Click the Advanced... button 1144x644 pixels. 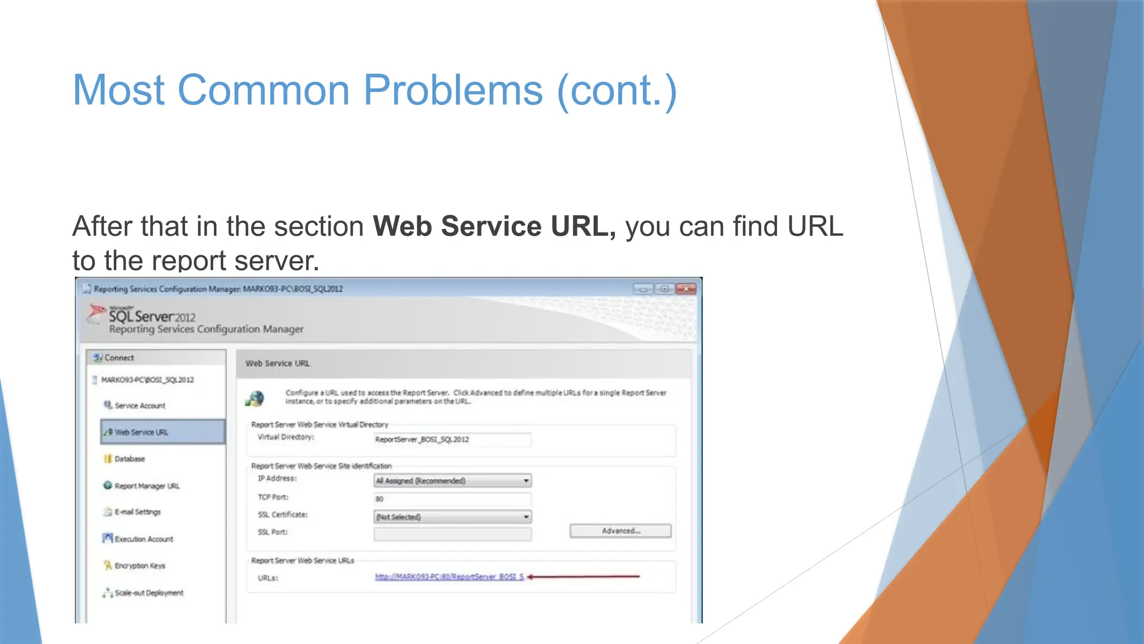click(620, 531)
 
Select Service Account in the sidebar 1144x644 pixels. click(140, 405)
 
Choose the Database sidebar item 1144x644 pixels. click(130, 459)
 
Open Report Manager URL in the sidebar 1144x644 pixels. click(147, 486)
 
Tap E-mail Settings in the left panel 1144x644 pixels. click(137, 512)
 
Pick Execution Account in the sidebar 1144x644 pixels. click(144, 539)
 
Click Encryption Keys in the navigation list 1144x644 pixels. click(140, 566)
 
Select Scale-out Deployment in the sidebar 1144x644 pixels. click(149, 593)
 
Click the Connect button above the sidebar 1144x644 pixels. click(118, 358)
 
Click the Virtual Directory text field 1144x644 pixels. click(452, 439)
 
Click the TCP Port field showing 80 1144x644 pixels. click(452, 499)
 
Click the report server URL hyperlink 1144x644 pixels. click(449, 577)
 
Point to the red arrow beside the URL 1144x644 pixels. click(583, 576)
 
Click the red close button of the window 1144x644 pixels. click(685, 289)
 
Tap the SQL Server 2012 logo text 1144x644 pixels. click(152, 316)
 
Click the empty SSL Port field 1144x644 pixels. click(452, 534)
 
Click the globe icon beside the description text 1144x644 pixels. click(255, 399)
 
